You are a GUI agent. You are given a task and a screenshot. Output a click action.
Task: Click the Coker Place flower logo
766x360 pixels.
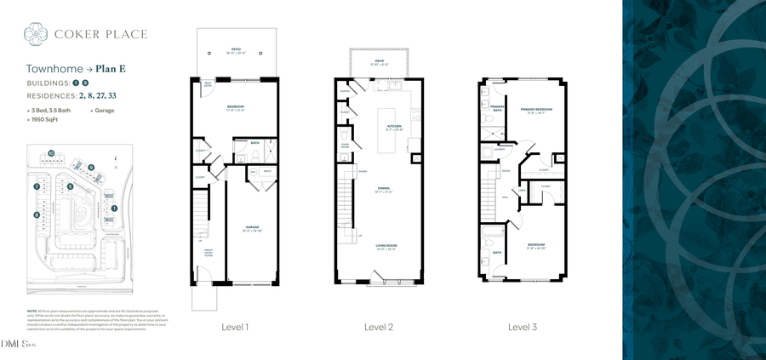pyautogui.click(x=37, y=34)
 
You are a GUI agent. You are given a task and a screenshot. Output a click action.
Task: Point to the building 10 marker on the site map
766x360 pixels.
pyautogui.click(x=51, y=153)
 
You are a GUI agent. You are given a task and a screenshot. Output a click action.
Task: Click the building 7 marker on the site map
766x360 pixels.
pyautogui.click(x=37, y=186)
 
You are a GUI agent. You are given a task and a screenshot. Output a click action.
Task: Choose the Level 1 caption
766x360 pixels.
pyautogui.click(x=235, y=327)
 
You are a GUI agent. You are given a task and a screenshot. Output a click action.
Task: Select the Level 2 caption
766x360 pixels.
pyautogui.click(x=379, y=327)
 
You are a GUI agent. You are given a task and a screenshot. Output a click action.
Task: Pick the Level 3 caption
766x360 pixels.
pyautogui.click(x=523, y=327)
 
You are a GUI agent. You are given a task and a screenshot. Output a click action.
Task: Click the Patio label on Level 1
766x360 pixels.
pyautogui.click(x=234, y=50)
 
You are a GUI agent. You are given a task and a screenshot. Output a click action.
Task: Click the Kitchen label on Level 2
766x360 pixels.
pyautogui.click(x=394, y=127)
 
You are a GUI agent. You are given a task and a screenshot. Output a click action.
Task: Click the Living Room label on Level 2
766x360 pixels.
pyautogui.click(x=386, y=247)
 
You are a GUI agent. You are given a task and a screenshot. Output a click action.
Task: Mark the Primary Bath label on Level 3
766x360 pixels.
pyautogui.click(x=497, y=108)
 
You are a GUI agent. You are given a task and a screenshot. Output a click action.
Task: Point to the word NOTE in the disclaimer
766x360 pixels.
pyautogui.click(x=31, y=311)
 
